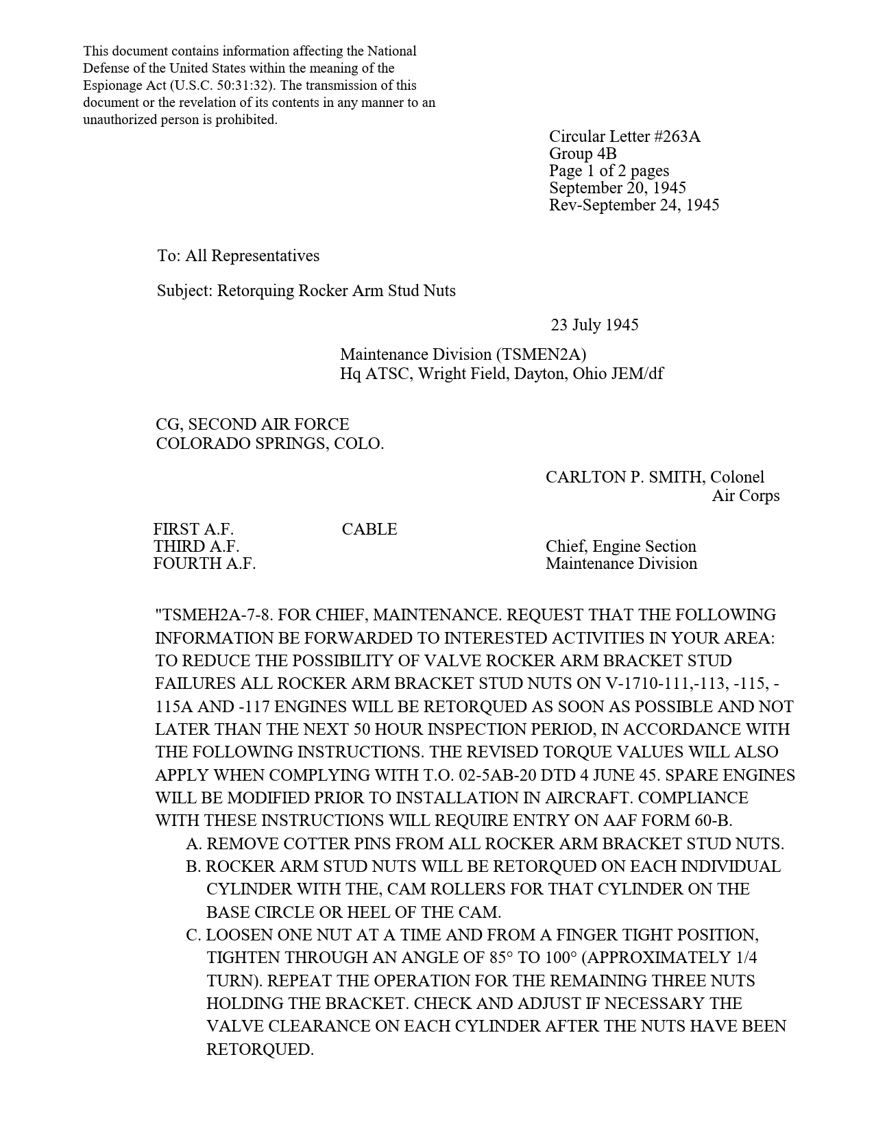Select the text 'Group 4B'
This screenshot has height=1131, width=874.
pos(583,154)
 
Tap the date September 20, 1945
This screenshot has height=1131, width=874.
pos(617,188)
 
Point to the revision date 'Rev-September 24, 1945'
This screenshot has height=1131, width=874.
pos(634,205)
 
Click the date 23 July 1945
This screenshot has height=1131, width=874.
pos(594,325)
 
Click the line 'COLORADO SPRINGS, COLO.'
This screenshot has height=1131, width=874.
pos(269,443)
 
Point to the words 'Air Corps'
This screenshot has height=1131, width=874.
pos(745,496)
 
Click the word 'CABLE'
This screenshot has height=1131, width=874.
pos(369,529)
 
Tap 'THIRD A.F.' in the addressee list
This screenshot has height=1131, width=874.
pos(196,546)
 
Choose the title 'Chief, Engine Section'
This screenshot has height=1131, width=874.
pos(620,546)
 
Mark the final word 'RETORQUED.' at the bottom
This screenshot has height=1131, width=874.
pos(260,1049)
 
